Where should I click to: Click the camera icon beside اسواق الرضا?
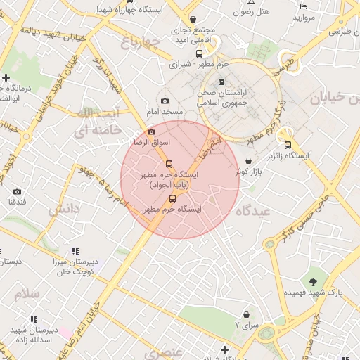151,131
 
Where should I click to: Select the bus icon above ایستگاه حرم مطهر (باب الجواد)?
169,164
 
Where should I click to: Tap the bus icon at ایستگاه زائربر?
288,145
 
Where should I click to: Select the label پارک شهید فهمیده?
312,291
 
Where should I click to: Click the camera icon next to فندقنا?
17,191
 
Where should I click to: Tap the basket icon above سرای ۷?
246,314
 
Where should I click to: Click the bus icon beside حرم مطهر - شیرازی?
199,53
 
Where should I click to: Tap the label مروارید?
308,17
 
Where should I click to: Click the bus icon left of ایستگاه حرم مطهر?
173,198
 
